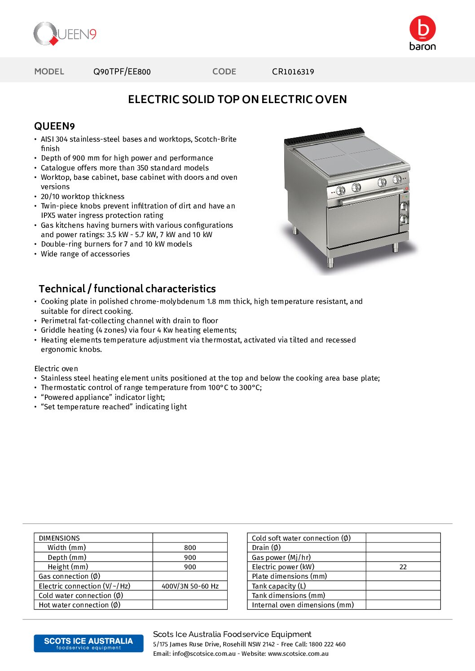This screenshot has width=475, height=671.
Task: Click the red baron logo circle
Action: pos(422,28)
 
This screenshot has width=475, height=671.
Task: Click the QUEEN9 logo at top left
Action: pos(65,34)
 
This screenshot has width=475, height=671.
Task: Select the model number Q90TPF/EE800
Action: pos(122,72)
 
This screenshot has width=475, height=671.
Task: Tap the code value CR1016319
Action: pos(293,72)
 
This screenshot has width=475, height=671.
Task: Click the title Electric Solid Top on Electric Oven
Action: pos(237,100)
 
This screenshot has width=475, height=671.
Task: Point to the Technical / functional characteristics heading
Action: pos(127,289)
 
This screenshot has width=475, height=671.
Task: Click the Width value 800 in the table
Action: pos(190,548)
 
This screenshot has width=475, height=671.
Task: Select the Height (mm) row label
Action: pos(68,567)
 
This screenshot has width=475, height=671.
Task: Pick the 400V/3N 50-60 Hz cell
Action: pos(190,586)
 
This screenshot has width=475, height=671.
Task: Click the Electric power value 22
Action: pos(403,567)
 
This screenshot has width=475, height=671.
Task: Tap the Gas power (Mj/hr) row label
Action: pos(281,558)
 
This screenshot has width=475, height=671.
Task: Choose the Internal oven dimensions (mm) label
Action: pos(303,605)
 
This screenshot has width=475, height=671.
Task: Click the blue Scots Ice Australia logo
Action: pos(88,643)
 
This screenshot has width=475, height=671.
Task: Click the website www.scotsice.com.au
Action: pos(298,654)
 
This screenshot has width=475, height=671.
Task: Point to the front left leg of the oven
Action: pos(331,263)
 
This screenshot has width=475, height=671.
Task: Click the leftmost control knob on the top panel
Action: pos(341,191)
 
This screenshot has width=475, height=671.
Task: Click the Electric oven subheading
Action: pos(56,368)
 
